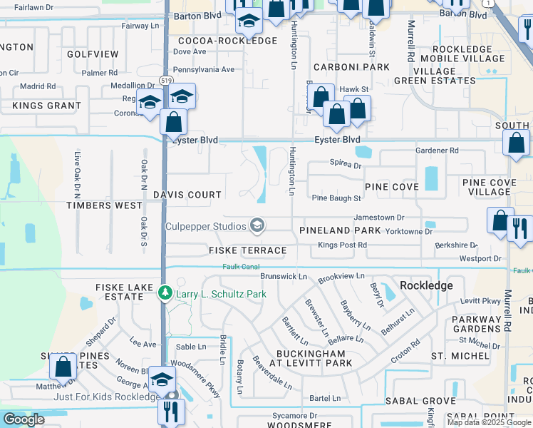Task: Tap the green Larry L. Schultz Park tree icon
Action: click(165, 293)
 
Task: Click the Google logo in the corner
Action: click(24, 419)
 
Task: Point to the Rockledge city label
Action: click(426, 285)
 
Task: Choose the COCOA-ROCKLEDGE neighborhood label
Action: click(227, 41)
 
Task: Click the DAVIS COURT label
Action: click(187, 195)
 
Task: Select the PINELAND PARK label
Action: click(340, 231)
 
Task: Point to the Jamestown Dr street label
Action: click(379, 218)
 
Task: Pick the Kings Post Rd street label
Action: click(342, 245)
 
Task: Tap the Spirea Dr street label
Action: click(346, 165)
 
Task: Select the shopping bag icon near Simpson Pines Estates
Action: click(63, 366)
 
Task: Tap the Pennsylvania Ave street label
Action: click(204, 70)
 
